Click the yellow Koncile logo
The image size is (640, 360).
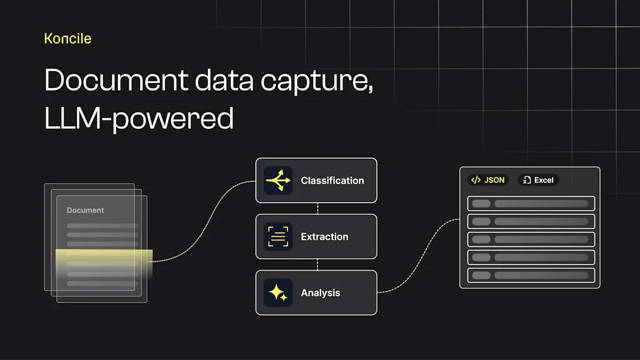pos(67,38)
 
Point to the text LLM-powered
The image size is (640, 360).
pos(139,118)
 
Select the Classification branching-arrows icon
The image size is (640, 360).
pos(278,181)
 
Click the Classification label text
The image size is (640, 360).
pos(332,181)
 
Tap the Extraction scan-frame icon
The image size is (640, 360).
pos(278,236)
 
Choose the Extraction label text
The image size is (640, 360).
pos(324,237)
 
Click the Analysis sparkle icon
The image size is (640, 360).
pos(278,292)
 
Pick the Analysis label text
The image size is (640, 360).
pos(321,292)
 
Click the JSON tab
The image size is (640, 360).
pos(488,180)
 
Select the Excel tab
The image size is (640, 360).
pos(538,180)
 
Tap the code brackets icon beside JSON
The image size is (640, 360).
pos(476,180)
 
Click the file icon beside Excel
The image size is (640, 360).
pos(527,180)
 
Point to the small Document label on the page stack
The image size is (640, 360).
pos(85,210)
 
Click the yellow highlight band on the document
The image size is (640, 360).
pos(104,257)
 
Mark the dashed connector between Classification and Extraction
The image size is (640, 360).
pos(317,209)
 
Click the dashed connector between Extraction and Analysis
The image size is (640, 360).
pos(317,264)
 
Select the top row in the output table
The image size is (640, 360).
pos(531,203)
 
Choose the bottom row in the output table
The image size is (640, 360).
pos(531,275)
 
